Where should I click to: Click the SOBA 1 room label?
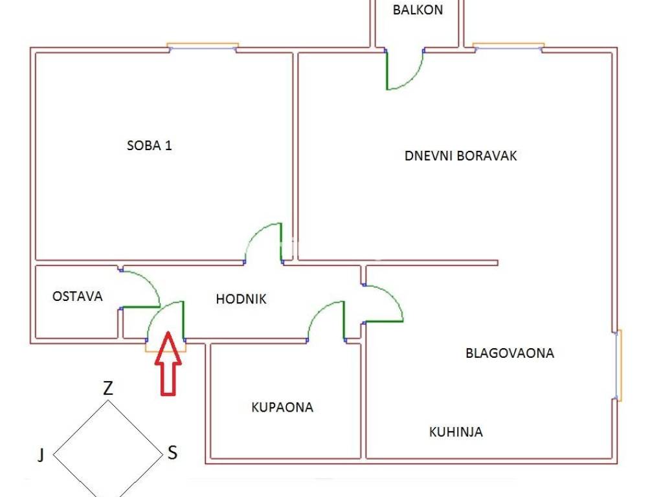[x=149, y=146]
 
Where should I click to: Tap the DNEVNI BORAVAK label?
[x=460, y=156]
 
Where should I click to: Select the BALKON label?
[x=418, y=10]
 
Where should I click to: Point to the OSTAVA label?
[x=78, y=296]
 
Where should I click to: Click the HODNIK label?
[x=241, y=299]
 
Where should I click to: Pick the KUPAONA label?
[x=282, y=407]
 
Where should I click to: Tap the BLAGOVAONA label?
[x=510, y=353]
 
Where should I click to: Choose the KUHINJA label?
[x=456, y=432]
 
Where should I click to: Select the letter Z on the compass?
[x=108, y=388]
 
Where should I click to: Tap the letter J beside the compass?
[x=41, y=456]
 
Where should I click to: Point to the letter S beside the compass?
[x=172, y=452]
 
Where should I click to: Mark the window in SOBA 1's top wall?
[x=203, y=47]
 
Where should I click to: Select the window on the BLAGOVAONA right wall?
[x=618, y=365]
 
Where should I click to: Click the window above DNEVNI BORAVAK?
[x=508, y=47]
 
